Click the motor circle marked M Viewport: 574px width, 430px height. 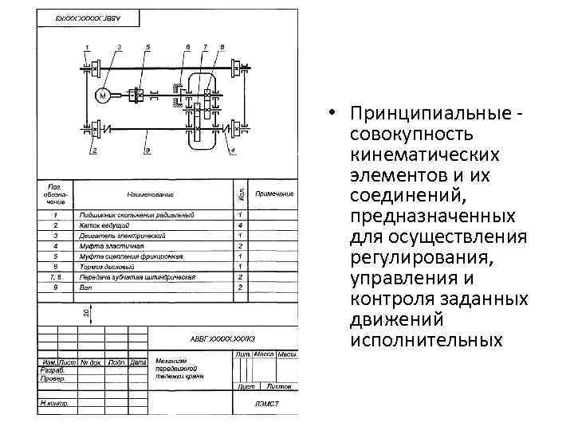103,95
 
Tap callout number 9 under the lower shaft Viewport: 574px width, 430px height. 147,150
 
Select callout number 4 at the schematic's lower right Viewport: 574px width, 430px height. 232,150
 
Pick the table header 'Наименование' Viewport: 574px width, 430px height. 150,193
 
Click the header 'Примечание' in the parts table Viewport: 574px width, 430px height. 274,193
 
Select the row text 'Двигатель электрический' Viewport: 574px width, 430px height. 122,236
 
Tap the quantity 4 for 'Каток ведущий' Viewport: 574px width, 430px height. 240,225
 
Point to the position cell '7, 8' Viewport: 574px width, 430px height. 55,277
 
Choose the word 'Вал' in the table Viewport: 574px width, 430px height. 84,287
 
